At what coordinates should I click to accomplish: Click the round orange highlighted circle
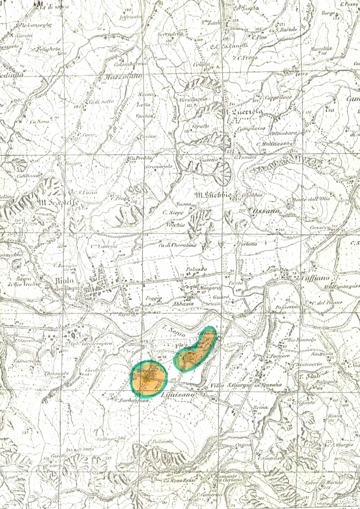click(149, 378)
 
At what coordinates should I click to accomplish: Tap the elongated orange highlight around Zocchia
click(195, 349)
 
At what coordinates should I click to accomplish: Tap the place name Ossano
click(266, 211)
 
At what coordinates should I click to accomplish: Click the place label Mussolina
click(321, 49)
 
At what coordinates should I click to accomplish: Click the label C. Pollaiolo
click(160, 441)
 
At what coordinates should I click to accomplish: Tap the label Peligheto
click(47, 49)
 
